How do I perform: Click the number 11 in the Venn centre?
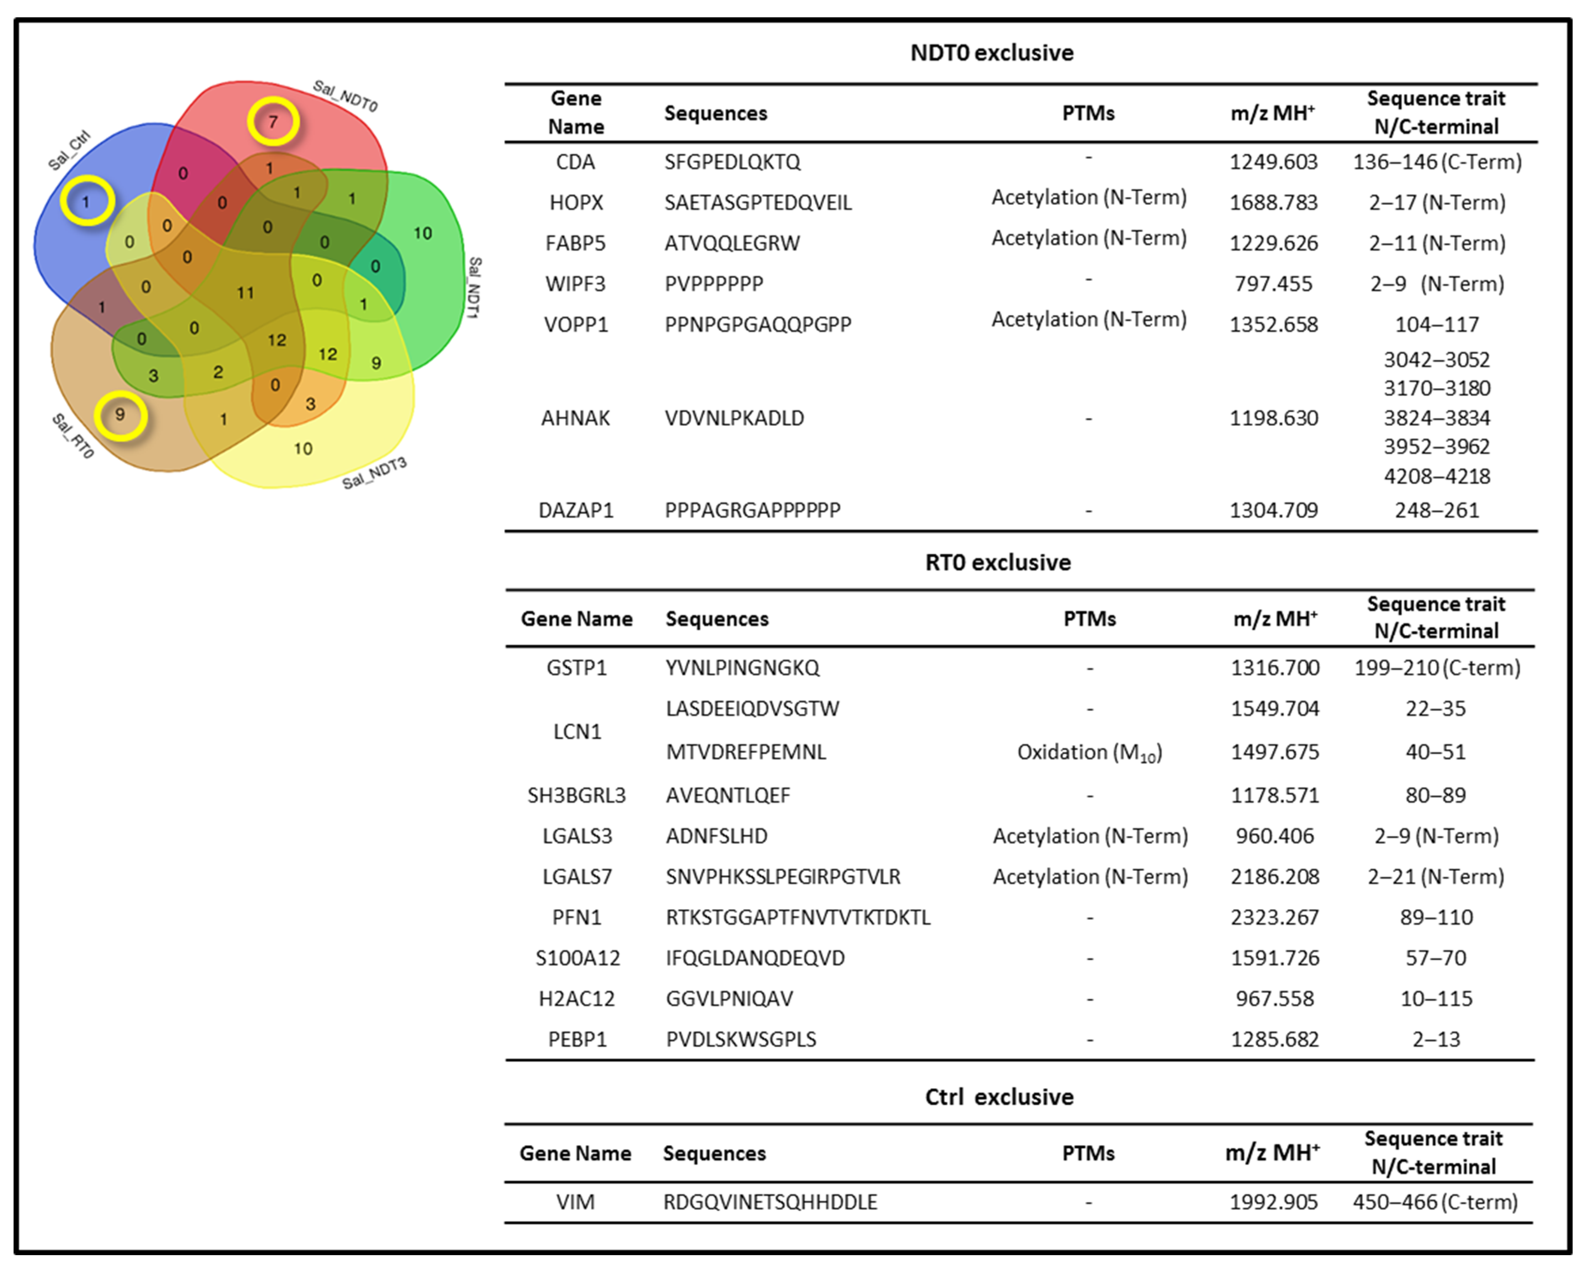pos(245,293)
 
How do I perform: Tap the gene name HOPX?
pos(576,202)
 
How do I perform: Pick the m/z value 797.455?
pos(1273,284)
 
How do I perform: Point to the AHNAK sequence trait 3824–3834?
pos(1436,418)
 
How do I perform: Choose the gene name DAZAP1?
pos(576,510)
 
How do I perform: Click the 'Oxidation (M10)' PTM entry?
pos(1089,752)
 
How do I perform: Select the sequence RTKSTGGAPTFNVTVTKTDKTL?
pos(798,917)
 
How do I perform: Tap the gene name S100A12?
pos(578,958)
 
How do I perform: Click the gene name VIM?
pos(575,1202)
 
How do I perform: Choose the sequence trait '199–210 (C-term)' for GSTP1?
pos(1436,668)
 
